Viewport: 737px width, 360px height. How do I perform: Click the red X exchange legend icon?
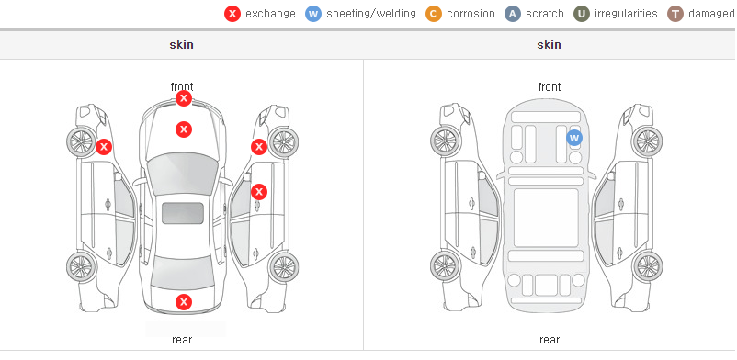point(232,14)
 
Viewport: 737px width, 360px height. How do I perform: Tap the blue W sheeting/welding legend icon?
point(313,14)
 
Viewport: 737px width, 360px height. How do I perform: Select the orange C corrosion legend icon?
point(434,14)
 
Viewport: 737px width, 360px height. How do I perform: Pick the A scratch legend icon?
point(513,14)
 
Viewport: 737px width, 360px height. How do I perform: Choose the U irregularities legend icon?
point(582,14)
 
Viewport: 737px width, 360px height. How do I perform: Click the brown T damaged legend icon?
point(675,14)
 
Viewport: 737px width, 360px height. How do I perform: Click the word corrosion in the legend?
point(471,14)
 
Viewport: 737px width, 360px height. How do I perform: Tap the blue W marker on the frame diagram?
point(574,138)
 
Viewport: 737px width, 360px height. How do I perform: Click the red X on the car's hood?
point(184,129)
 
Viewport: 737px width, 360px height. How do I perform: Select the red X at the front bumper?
point(184,98)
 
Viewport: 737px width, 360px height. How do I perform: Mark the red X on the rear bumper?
point(184,302)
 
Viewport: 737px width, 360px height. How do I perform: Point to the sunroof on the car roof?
point(183,213)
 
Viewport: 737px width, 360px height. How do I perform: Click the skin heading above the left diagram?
point(181,45)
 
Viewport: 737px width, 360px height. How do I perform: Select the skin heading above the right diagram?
point(549,45)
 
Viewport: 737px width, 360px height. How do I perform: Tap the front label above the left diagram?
point(182,87)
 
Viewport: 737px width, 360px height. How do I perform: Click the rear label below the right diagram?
point(550,340)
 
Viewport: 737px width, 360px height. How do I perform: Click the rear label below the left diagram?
point(182,340)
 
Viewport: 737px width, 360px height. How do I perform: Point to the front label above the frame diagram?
point(550,87)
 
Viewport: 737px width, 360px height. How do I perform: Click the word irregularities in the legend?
point(626,14)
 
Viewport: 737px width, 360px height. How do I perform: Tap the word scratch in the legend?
point(545,14)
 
